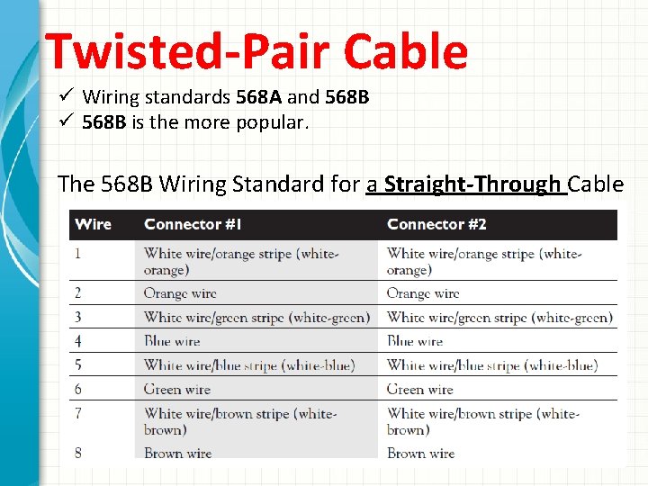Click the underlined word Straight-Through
point(472,184)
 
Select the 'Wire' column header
point(93,224)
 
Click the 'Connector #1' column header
point(194,224)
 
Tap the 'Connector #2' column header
point(436,224)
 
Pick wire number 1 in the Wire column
point(78,253)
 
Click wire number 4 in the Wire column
point(78,341)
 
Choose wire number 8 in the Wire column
point(78,453)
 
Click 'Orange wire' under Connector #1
point(180,293)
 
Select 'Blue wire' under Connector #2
point(415,341)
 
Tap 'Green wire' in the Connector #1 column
point(177,389)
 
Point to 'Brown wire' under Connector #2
point(420,453)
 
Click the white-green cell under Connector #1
point(256,317)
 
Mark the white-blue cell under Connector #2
point(491,364)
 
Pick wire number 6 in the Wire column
point(78,389)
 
